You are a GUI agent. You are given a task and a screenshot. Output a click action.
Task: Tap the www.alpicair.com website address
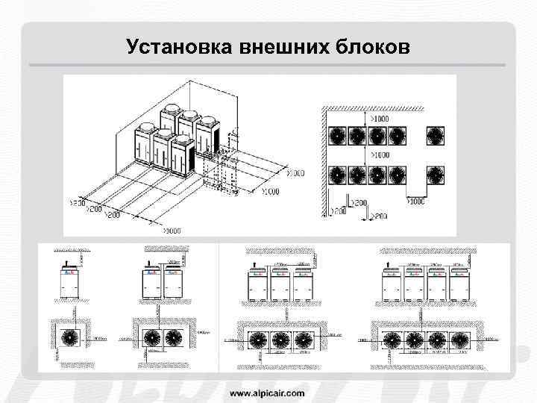pyautogui.click(x=267, y=392)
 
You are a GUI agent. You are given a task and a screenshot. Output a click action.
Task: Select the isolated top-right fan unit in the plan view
pyautogui.click(x=436, y=135)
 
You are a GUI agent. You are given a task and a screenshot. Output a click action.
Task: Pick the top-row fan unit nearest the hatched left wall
pyautogui.click(x=339, y=135)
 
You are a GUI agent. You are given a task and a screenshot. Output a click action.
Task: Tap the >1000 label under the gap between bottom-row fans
pyautogui.click(x=417, y=200)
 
